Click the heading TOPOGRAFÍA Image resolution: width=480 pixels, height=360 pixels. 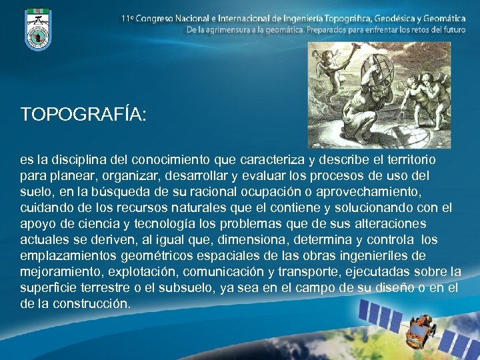tap(83, 115)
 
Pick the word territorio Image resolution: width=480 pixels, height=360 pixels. tap(407, 160)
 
